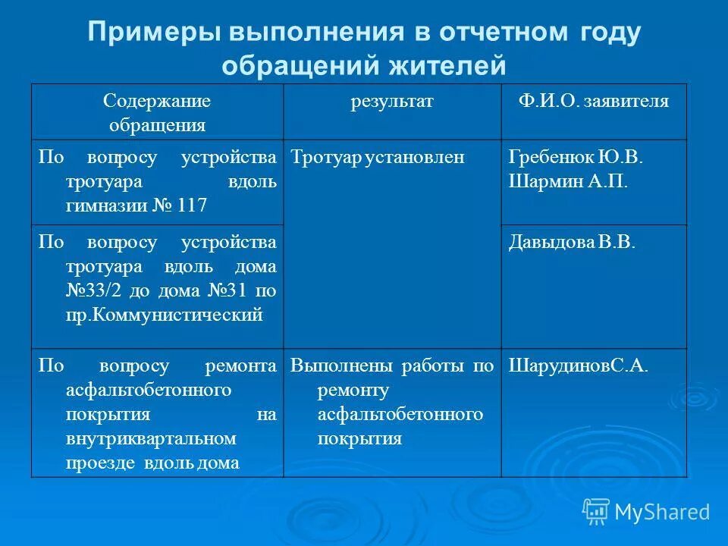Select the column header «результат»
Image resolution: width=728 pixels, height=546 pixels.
coord(391,102)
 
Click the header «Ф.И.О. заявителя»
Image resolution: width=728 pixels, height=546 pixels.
coord(594,102)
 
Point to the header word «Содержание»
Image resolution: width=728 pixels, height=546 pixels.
coord(157,102)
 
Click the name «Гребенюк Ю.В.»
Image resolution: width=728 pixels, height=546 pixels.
coord(576,158)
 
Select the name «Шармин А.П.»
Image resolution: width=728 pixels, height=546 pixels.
coord(568,182)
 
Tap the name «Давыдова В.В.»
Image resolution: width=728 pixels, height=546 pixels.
coord(572,243)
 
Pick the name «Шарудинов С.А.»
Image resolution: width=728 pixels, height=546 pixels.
coord(578,366)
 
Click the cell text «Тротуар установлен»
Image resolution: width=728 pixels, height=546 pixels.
coord(377,158)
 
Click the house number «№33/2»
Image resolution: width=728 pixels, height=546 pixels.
coord(92,291)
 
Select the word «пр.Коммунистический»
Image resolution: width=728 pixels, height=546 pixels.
coord(164,315)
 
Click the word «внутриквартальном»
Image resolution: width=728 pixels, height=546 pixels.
coord(150,438)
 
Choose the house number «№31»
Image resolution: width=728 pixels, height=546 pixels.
coord(227,291)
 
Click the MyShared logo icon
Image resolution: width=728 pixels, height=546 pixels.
coord(596,511)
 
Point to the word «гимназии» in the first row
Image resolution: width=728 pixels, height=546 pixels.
coord(102,205)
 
